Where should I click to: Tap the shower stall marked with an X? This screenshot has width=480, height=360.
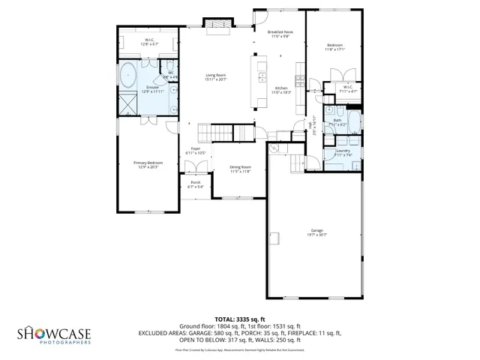pos(128,103)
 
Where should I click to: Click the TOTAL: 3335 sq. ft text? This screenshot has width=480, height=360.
pos(240,319)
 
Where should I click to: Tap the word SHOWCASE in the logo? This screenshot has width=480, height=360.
pos(54,332)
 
